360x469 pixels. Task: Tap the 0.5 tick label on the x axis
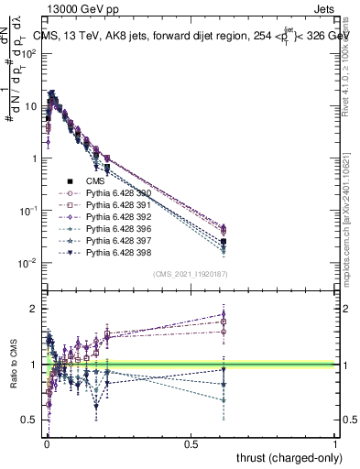191,442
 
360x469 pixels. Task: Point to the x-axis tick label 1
335,442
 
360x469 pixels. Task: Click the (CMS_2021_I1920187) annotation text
190,274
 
